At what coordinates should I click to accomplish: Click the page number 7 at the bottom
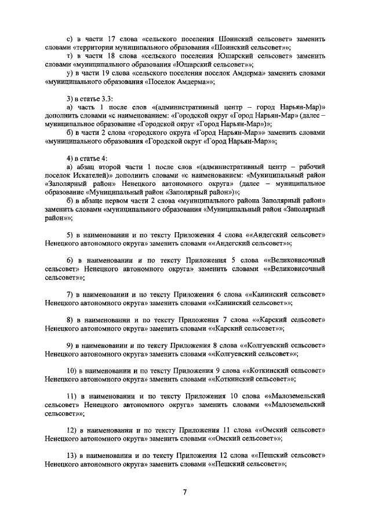(x=185, y=492)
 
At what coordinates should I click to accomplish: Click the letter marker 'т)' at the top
(x=70, y=56)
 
